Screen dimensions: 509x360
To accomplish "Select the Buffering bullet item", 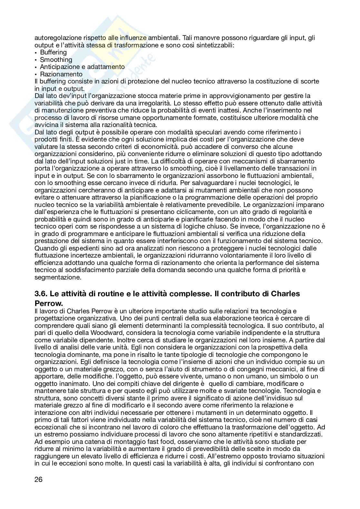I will pos(53,52).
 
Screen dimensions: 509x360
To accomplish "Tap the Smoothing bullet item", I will pos(56,60).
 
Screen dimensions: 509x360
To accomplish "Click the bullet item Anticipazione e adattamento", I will pos(82,67).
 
